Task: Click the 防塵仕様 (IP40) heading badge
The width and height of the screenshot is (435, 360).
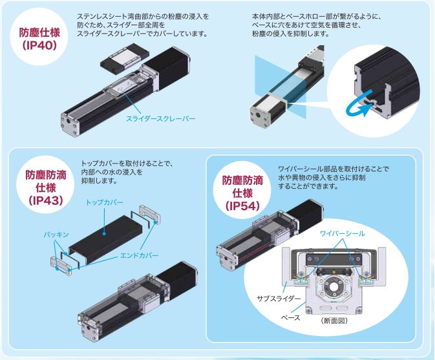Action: [39, 39]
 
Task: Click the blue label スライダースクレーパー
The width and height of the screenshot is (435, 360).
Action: [161, 119]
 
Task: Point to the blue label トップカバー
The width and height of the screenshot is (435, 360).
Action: [104, 202]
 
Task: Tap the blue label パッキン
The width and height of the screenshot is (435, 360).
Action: [56, 235]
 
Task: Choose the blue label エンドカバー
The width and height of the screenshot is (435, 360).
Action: [139, 255]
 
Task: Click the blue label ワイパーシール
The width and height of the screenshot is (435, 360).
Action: [343, 233]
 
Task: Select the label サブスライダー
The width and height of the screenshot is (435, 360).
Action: [279, 299]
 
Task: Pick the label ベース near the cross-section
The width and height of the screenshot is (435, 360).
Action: [291, 317]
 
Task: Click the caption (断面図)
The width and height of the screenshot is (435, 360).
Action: [334, 321]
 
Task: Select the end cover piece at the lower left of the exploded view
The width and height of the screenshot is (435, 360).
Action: [61, 266]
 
